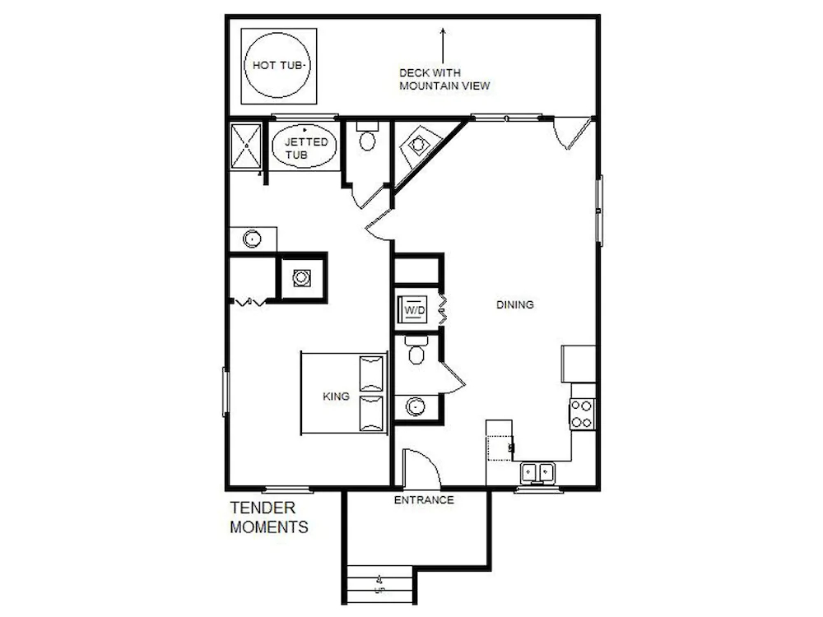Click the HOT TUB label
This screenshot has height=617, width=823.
(x=277, y=66)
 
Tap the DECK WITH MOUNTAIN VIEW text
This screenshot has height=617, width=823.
(x=444, y=79)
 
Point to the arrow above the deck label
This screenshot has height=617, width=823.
(x=443, y=46)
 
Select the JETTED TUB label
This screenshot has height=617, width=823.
(x=306, y=148)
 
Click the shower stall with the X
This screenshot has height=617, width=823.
(x=245, y=146)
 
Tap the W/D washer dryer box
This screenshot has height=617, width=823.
(x=414, y=310)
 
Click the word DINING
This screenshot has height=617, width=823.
(x=515, y=304)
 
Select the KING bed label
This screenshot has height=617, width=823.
(x=336, y=397)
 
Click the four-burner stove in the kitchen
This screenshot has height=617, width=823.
(x=582, y=415)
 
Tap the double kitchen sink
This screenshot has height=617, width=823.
(x=537, y=473)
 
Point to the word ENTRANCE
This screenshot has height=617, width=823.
(x=424, y=500)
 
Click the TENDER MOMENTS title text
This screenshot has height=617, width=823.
(x=269, y=517)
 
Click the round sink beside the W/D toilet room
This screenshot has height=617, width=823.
(x=415, y=406)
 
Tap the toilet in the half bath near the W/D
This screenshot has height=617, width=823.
(x=416, y=350)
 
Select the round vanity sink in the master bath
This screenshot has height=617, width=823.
(x=252, y=239)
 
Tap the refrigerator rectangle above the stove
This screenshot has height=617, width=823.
(x=579, y=364)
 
